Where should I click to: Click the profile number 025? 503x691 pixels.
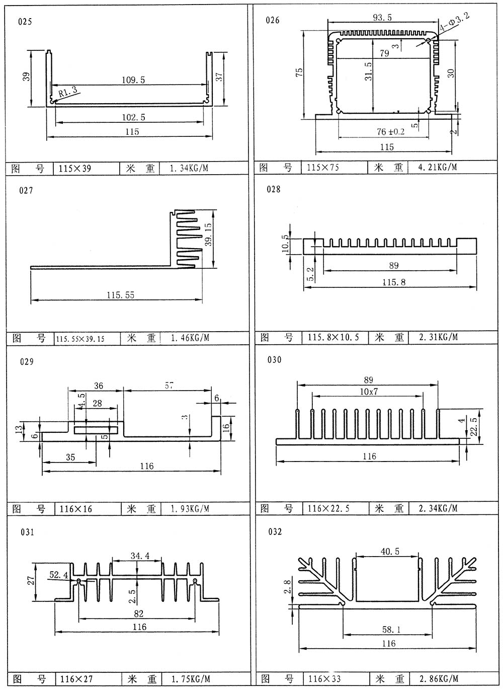tap(25, 22)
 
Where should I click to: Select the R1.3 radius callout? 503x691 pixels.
tap(68, 92)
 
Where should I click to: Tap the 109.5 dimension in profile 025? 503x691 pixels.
tap(133, 80)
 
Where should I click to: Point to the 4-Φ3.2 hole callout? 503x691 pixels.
tap(454, 22)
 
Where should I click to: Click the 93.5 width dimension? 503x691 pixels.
tap(382, 18)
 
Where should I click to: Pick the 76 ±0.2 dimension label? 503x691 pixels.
tap(390, 132)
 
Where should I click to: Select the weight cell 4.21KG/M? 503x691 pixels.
tap(438, 168)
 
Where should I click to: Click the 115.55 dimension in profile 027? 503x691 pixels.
tap(121, 295)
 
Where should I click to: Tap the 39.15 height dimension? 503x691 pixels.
tap(208, 235)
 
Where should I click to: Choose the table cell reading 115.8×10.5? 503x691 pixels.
tap(333, 337)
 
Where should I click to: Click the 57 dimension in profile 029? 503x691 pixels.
tap(169, 386)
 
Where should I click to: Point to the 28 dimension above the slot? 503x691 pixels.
tap(97, 403)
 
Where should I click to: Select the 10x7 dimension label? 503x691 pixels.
tap(369, 392)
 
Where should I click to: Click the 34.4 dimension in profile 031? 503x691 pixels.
tap(140, 556)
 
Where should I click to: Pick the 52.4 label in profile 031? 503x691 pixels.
tap(59, 575)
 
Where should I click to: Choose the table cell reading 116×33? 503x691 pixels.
tap(325, 678)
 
